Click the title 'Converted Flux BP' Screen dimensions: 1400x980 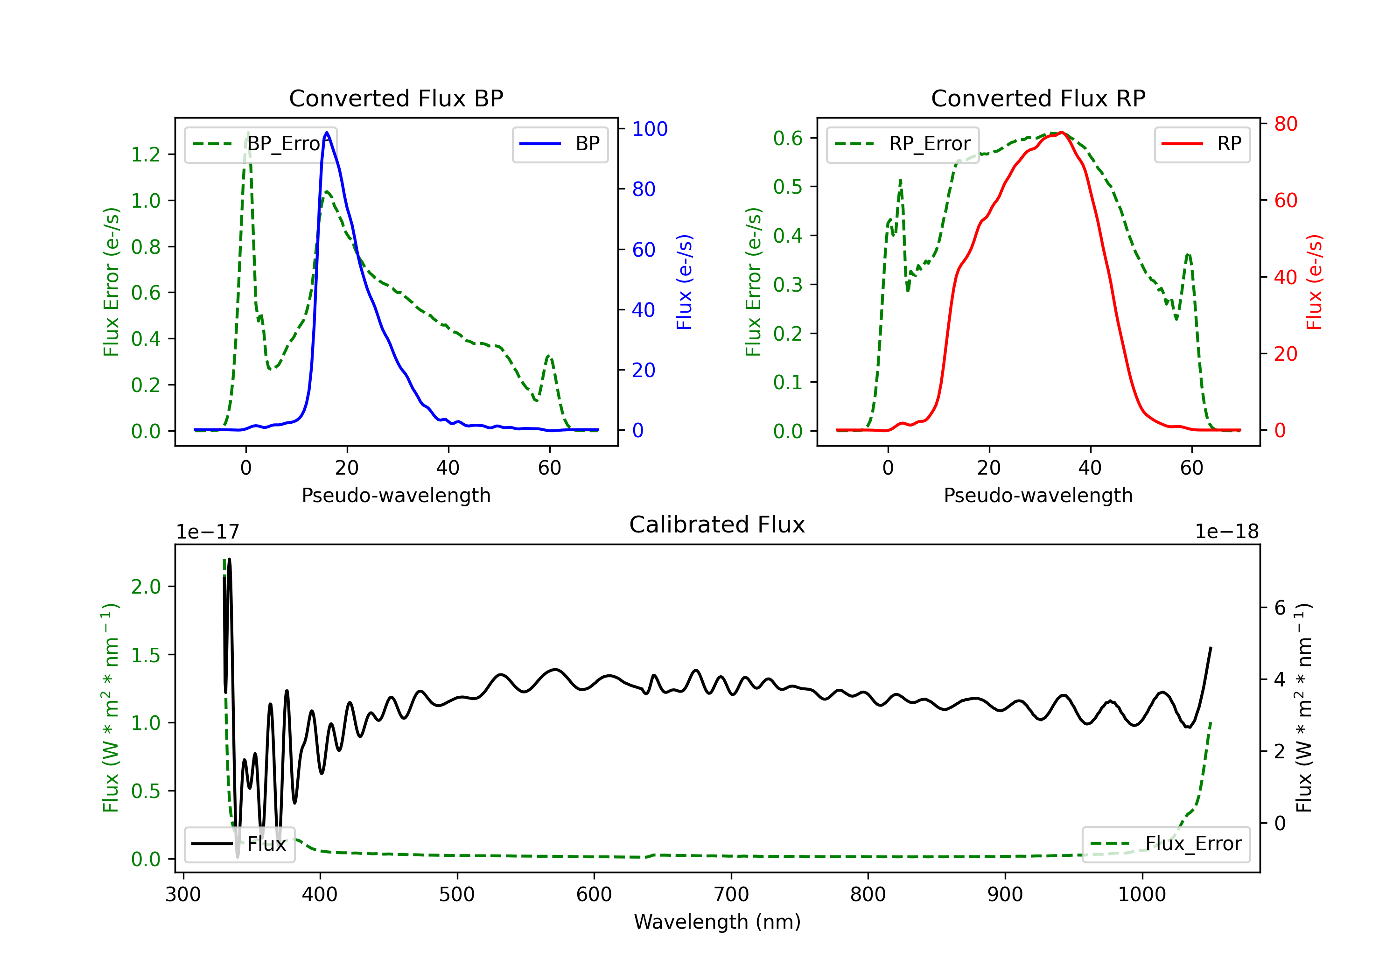click(x=396, y=98)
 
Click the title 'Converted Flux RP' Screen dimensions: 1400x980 click(x=1038, y=98)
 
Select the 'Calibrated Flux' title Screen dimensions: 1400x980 click(x=717, y=525)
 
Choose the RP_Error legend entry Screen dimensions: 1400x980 click(x=903, y=144)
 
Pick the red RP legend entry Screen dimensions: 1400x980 click(x=1202, y=144)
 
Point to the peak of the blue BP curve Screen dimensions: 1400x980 click(x=327, y=133)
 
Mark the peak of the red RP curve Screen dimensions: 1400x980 click(x=1062, y=133)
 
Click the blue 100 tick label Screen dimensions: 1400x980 click(x=650, y=129)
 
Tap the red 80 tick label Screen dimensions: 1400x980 click(x=1286, y=124)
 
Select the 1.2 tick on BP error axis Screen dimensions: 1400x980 click(x=146, y=154)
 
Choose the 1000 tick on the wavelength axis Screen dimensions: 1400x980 click(x=1142, y=895)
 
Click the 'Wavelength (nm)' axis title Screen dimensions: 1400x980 click(x=717, y=922)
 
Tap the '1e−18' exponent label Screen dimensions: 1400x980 click(x=1227, y=532)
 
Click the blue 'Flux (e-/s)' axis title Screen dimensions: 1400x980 click(x=684, y=282)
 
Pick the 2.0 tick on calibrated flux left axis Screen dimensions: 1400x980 click(x=146, y=587)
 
